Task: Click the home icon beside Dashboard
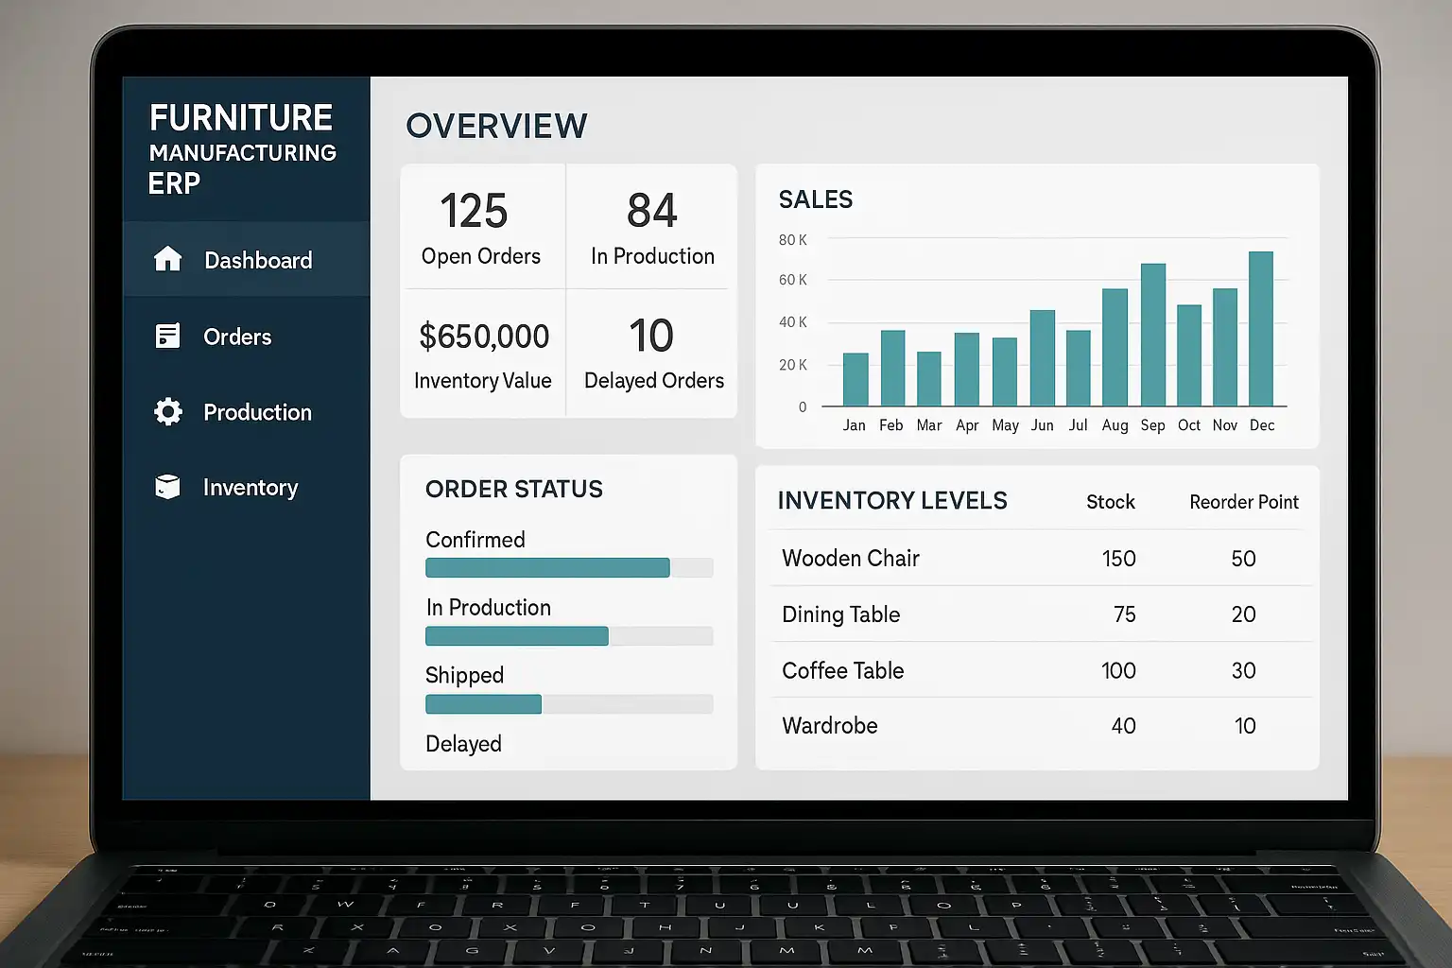[167, 259]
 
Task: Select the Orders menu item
[236, 337]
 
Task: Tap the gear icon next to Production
[168, 412]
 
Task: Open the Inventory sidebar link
[250, 488]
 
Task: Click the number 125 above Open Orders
[474, 211]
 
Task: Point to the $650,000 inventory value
[484, 337]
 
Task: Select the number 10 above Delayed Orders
[651, 337]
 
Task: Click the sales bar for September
[1153, 335]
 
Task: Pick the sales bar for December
[1261, 329]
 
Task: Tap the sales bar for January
[856, 379]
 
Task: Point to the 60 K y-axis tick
[792, 280]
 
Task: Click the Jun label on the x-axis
[1042, 425]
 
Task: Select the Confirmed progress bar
[547, 567]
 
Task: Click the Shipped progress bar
[483, 704]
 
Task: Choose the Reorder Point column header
[1243, 502]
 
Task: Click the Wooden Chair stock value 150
[1118, 559]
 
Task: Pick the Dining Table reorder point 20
[1243, 614]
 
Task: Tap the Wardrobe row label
[829, 726]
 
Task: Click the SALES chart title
[815, 199]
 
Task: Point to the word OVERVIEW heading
[496, 126]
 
